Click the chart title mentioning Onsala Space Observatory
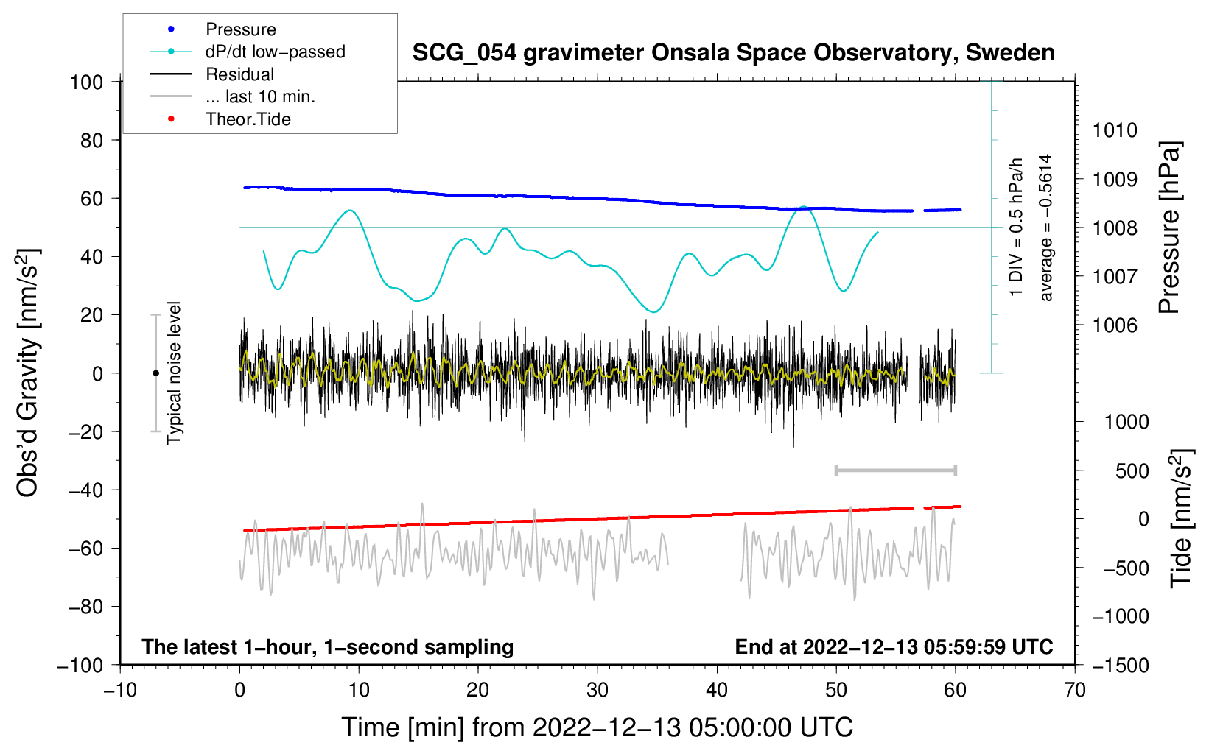click(733, 53)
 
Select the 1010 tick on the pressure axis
click(1115, 131)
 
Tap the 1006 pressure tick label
click(1115, 325)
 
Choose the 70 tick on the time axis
click(1075, 690)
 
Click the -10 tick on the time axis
click(120, 690)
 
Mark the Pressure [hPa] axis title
click(1169, 228)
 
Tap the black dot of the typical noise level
click(155, 373)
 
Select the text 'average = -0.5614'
click(1046, 228)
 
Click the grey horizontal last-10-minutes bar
click(895, 470)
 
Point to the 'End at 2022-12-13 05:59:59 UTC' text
click(894, 647)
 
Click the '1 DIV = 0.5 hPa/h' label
click(1017, 227)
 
